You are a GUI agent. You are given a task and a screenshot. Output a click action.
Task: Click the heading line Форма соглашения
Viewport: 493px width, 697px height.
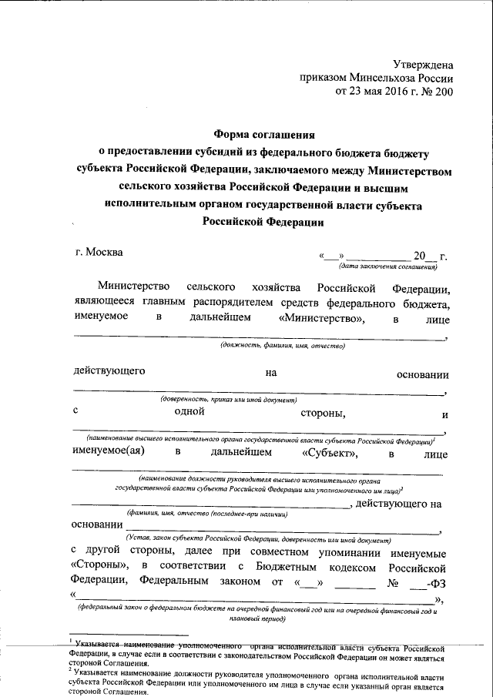[263, 133]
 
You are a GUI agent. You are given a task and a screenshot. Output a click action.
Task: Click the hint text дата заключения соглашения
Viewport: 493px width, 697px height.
[388, 266]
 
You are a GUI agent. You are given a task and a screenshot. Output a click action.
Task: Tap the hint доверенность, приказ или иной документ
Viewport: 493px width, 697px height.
[228, 401]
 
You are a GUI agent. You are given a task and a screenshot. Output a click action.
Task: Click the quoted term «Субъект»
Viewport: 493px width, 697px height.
[330, 453]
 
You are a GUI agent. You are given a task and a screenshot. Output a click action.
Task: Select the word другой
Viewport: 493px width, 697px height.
[114, 551]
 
